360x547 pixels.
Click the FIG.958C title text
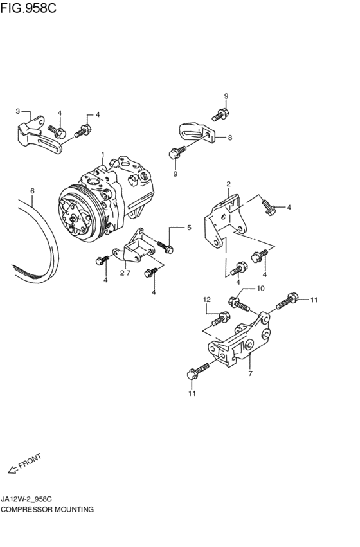pos(28,7)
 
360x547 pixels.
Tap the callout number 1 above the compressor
pos(103,154)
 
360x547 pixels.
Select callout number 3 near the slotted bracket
pos(18,111)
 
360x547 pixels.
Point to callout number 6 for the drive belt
pos(32,191)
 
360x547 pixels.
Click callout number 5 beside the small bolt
pos(189,228)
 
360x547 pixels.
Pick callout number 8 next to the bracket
pos(230,138)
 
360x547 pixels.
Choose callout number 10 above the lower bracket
pos(260,289)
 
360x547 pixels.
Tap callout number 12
pos(207,300)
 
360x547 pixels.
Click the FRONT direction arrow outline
pos(13,470)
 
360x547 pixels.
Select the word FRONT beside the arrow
pos(30,460)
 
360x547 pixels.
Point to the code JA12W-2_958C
pos(27,499)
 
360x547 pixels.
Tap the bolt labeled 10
pos(239,304)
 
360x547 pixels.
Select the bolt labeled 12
pos(220,319)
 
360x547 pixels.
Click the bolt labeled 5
pos(165,247)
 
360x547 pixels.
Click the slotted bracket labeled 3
pos(39,135)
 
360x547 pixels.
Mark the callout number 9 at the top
pos(226,96)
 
